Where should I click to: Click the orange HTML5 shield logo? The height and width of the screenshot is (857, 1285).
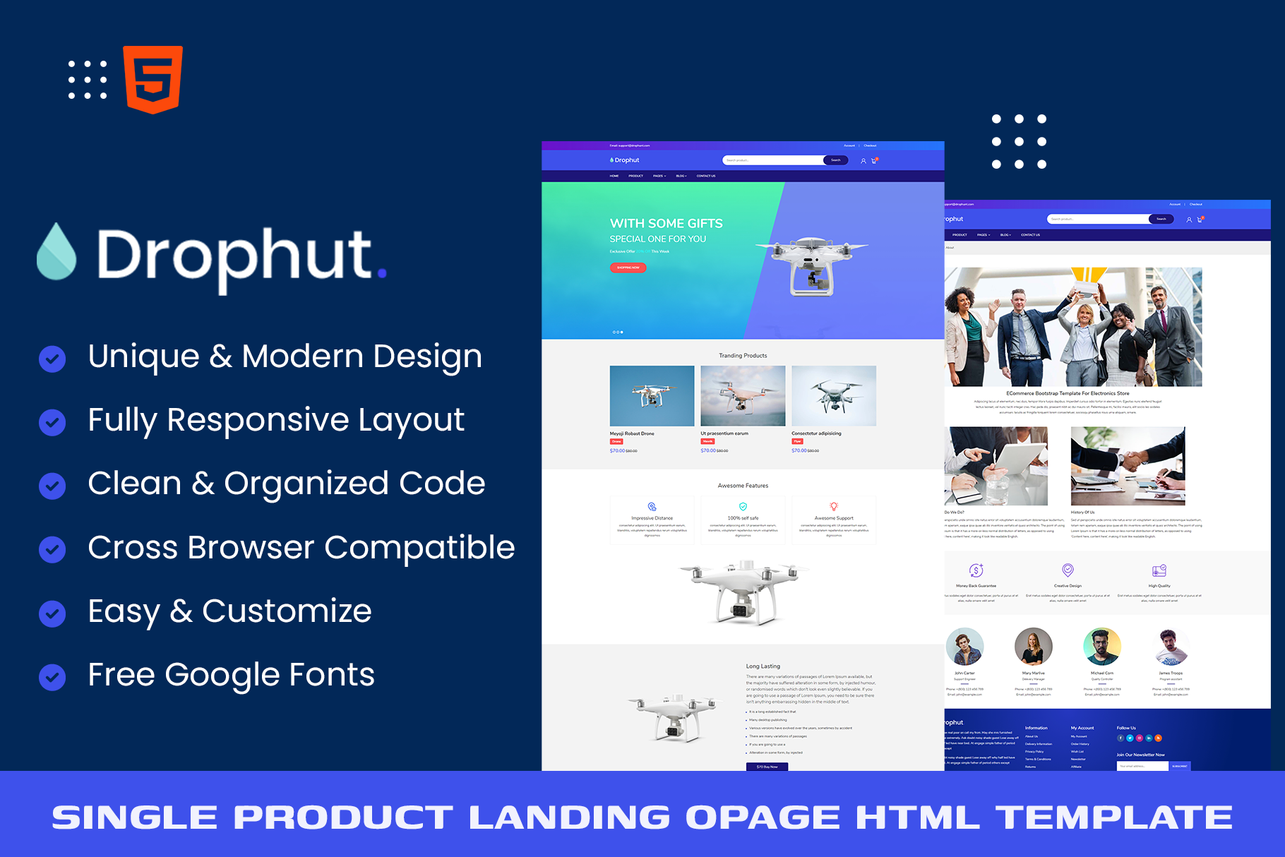pos(153,79)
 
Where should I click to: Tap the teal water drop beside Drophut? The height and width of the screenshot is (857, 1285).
pos(56,252)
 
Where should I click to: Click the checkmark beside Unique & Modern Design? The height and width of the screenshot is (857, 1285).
pos(52,359)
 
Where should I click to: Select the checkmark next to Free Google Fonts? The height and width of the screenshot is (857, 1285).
pos(52,677)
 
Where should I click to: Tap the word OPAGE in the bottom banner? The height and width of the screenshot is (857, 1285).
pos(763,817)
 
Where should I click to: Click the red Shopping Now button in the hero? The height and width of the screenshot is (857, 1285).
pos(628,268)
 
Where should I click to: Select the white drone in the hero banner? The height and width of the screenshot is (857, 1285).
pos(812,266)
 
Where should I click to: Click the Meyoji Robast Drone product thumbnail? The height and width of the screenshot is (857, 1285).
pos(652,396)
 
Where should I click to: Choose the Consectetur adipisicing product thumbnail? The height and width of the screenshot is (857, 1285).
pos(834,396)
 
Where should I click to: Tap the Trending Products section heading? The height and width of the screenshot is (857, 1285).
pos(743,356)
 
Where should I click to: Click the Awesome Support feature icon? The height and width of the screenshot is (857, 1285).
pos(834,506)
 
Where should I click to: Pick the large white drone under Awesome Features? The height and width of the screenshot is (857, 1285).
pos(743,592)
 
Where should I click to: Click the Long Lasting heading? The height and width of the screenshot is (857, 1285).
pos(763,666)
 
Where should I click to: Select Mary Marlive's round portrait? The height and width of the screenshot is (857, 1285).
pos(1033,646)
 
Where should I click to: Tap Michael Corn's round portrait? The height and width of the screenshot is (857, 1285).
pos(1101,646)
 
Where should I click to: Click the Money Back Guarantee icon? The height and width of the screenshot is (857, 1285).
pos(976,570)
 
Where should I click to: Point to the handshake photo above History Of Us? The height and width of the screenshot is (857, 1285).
pos(1128,466)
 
